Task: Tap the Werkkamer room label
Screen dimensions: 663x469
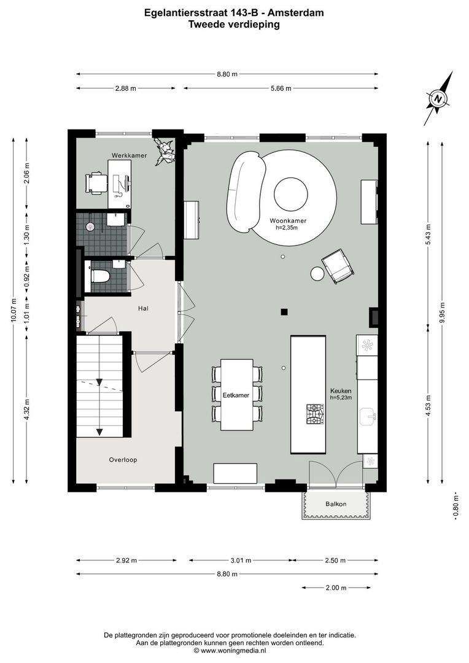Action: [x=129, y=156]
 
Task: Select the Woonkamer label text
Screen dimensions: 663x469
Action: [x=288, y=220]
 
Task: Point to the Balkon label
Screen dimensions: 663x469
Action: [x=336, y=504]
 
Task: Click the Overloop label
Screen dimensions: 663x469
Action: [x=123, y=459]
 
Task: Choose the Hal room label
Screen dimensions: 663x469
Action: [x=144, y=308]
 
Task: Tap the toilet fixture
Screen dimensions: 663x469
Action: [x=100, y=276]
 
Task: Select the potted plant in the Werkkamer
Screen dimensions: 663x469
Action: [x=165, y=150]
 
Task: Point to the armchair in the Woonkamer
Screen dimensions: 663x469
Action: [x=337, y=265]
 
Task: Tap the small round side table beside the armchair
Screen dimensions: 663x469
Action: [x=317, y=274]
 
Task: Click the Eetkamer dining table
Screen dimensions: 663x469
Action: [x=236, y=395]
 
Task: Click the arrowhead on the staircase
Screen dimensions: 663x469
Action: [x=99, y=431]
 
